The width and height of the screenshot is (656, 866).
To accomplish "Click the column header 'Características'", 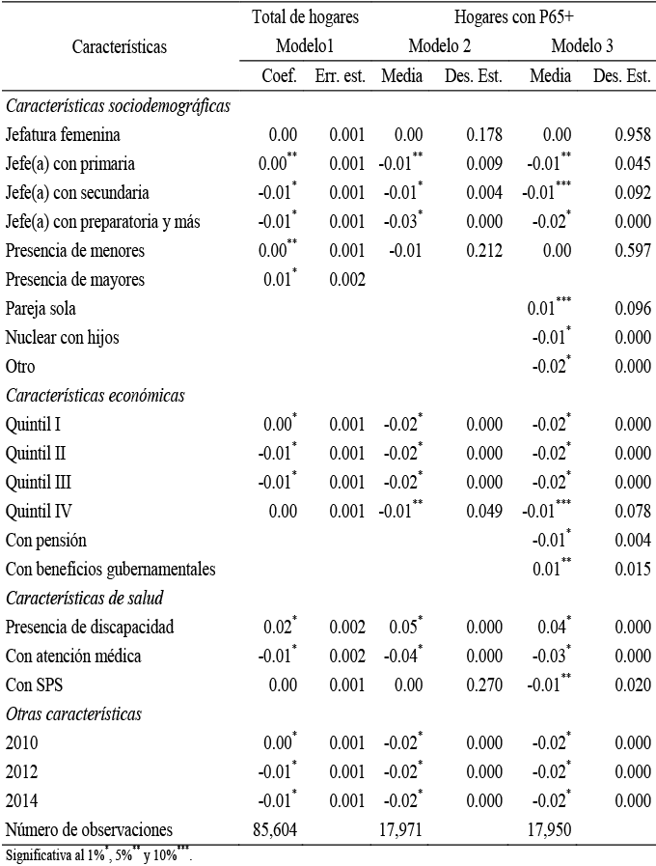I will (x=119, y=45).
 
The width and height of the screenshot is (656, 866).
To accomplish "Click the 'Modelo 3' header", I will (x=583, y=45).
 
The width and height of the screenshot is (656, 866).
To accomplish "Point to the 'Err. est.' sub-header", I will (x=340, y=76).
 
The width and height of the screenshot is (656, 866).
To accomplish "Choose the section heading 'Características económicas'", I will (x=95, y=395).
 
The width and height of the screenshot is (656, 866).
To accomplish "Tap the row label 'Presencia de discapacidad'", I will (x=90, y=628).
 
